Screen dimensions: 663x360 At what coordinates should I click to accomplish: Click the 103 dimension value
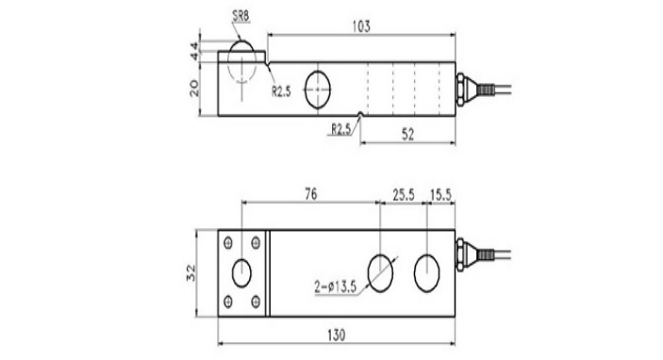pos(361,26)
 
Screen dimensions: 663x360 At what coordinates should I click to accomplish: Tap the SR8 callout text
pos(241,16)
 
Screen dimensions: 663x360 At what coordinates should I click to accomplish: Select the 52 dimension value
pos(407,135)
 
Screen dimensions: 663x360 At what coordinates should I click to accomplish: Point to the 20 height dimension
pos(194,89)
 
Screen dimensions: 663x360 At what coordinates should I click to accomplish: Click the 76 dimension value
pos(311,194)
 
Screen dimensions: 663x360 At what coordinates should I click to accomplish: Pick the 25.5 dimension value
pos(404,195)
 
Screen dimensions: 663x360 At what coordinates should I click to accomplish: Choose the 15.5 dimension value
pos(441,195)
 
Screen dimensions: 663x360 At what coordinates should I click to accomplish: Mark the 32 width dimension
pos(191,272)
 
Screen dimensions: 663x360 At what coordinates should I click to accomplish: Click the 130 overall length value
pos(337,335)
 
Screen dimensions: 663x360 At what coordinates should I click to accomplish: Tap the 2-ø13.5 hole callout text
pos(336,286)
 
